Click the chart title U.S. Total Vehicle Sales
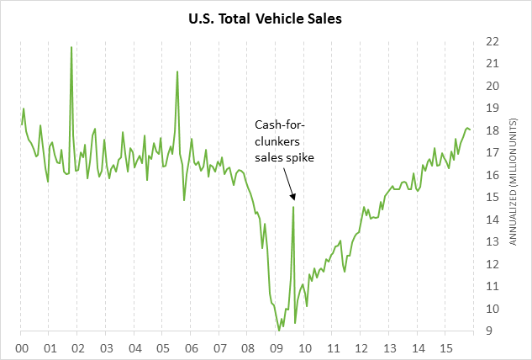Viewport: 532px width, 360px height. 266,15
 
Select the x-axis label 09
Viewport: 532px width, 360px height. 277,347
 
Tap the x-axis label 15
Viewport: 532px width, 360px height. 446,347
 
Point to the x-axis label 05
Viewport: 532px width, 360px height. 163,347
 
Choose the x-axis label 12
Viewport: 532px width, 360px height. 361,347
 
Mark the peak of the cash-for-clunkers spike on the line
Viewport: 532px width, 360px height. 293,206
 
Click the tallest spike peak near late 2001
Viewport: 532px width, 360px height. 71,47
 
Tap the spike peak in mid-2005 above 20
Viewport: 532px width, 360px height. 177,71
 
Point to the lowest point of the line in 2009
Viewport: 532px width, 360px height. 278,331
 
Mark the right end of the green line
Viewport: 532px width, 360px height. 471,130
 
